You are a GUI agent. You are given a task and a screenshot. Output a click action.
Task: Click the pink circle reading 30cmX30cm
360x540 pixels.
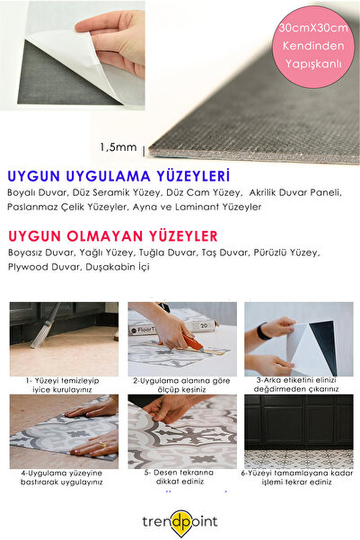313,44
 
